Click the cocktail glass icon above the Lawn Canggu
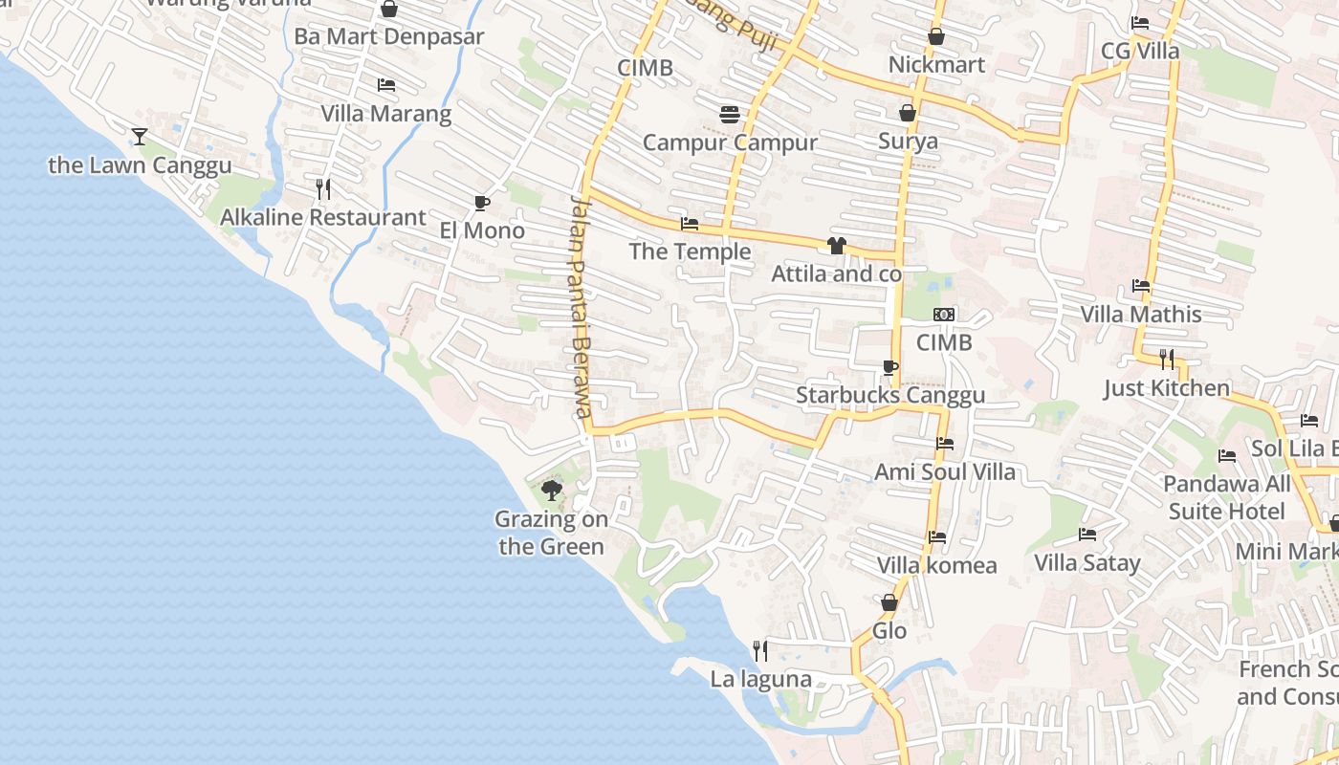tap(140, 137)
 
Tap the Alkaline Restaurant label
tap(322, 218)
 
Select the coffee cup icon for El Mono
tap(482, 203)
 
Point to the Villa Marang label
tap(385, 115)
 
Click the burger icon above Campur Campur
tap(730, 115)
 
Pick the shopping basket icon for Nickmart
tap(936, 37)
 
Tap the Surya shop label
tap(908, 142)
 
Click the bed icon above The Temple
tap(689, 225)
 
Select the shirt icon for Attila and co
tap(837, 246)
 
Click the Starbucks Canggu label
tap(890, 395)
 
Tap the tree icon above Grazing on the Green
tap(551, 492)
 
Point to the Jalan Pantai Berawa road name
tap(582, 306)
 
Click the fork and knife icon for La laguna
tap(760, 651)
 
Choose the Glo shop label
tap(889, 631)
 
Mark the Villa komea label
tap(936, 565)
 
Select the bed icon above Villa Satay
tap(1087, 535)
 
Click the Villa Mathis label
tap(1140, 315)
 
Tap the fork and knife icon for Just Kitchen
tap(1167, 360)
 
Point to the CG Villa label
tap(1140, 51)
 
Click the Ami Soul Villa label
tap(945, 471)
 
